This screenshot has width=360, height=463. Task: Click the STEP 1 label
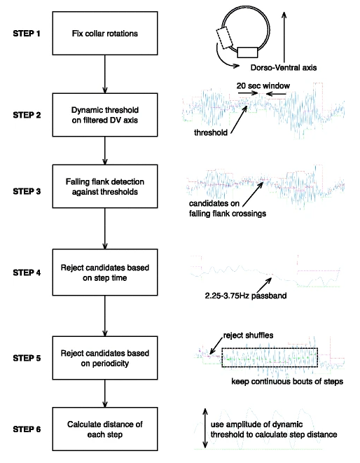tap(27, 34)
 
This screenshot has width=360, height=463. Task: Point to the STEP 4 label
tap(27, 272)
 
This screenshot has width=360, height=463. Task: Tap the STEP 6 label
tap(27, 429)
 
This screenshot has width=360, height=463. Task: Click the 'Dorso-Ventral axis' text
tap(284, 68)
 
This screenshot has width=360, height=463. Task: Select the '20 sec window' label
tap(263, 85)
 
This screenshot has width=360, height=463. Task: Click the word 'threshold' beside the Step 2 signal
tap(211, 132)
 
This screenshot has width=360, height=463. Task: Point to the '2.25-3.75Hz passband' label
tap(246, 296)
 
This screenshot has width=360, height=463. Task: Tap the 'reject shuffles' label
tap(248, 336)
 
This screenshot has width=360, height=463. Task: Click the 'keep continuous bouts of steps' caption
tap(287, 382)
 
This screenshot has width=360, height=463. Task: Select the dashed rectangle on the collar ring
tap(224, 38)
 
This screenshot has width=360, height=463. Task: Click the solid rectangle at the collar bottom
tap(247, 53)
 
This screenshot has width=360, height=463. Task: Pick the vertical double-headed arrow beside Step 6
tap(205, 429)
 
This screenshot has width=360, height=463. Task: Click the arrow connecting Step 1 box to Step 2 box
tap(105, 74)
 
